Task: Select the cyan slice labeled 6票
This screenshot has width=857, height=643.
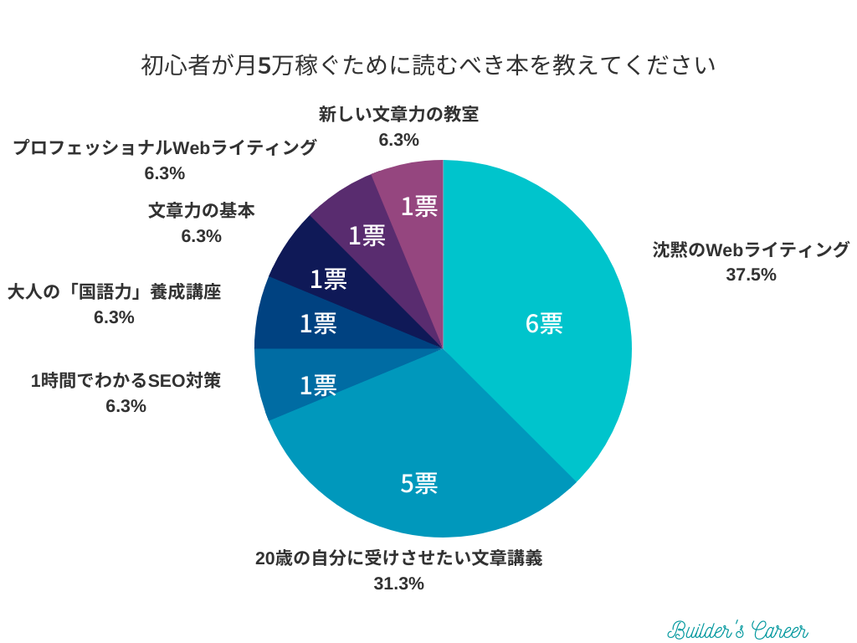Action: coord(544,323)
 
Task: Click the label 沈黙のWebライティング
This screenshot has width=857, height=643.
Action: coord(751,249)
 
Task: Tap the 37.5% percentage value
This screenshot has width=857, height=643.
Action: coord(751,275)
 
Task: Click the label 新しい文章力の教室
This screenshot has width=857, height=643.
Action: coord(398,115)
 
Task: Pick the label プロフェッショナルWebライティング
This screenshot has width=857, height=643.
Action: coord(164,148)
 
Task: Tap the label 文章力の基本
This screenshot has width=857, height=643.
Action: coord(201,211)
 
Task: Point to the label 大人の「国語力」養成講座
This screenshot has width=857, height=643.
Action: coord(114,293)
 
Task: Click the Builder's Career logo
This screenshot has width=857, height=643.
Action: coord(737,630)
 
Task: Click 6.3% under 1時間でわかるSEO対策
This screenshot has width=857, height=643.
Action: coord(126,406)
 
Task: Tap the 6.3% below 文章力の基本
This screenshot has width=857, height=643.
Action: coord(201,236)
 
